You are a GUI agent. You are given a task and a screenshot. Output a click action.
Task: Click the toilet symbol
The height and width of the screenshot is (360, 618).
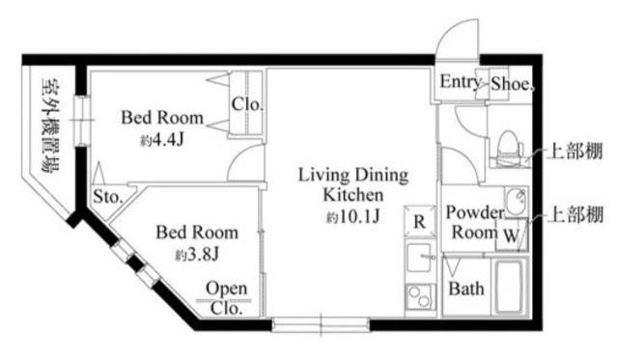coord(508,144)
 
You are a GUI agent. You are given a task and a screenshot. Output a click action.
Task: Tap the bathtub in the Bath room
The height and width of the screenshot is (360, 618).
coord(509,287)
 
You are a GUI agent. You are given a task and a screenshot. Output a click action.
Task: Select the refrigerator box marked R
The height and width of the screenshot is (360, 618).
coord(420,222)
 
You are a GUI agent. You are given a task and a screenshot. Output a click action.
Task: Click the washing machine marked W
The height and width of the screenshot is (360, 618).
coord(511,235)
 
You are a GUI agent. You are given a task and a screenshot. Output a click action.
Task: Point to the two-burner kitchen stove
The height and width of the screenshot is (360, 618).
coord(420,296)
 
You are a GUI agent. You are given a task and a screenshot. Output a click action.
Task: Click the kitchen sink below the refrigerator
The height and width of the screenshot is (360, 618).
coord(420,258)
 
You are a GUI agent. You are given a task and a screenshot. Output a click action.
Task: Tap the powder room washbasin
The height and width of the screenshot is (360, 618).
coord(516,202)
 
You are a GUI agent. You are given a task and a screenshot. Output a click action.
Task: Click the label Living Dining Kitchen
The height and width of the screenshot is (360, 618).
coord(353,184)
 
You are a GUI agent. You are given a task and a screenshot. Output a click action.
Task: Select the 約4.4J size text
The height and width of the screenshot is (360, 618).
coord(162,140)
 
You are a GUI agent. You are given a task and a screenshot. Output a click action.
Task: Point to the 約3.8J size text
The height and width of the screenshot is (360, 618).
coord(196,255)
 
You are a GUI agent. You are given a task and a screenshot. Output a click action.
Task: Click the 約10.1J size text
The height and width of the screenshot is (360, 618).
coord(352,216)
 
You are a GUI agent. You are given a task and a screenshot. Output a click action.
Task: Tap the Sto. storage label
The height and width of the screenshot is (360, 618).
coord(107,197)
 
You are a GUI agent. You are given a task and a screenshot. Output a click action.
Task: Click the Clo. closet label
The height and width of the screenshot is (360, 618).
coord(247,104)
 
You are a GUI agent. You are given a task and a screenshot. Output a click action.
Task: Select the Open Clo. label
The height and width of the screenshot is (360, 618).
coord(226,298)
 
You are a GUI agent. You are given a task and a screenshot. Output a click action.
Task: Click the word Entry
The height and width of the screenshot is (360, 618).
coord(461,82)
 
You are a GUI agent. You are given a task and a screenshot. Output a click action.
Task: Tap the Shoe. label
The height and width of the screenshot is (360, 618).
coord(512,84)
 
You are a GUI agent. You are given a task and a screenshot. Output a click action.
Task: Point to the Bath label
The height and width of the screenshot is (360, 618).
coord(466,289)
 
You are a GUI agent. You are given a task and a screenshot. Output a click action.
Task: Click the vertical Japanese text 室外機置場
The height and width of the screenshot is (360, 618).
coord(50,126)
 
